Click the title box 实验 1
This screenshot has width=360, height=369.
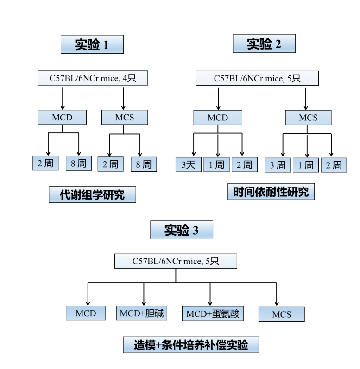pos(92,44)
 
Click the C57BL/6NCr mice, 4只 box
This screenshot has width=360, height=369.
pos(93,78)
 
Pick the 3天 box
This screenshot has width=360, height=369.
pos(188,165)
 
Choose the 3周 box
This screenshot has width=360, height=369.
pos(278,165)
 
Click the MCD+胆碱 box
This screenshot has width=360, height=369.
pos(142,313)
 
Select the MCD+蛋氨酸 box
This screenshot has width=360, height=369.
pos(213,314)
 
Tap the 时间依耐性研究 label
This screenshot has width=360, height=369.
pos(271,192)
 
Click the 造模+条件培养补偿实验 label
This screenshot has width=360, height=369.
pos(191,345)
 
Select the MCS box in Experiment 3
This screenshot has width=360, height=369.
pos(281,314)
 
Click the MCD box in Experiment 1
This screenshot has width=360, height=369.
pos(62,117)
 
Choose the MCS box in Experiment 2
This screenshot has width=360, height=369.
pos(308,118)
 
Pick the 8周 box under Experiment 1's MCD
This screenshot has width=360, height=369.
pos(78,163)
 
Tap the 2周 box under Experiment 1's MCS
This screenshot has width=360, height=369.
pos(110,164)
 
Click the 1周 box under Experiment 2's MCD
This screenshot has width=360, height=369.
pos(216,165)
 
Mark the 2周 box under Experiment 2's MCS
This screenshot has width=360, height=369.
pos(333,165)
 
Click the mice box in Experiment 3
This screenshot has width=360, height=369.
pos(176,261)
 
